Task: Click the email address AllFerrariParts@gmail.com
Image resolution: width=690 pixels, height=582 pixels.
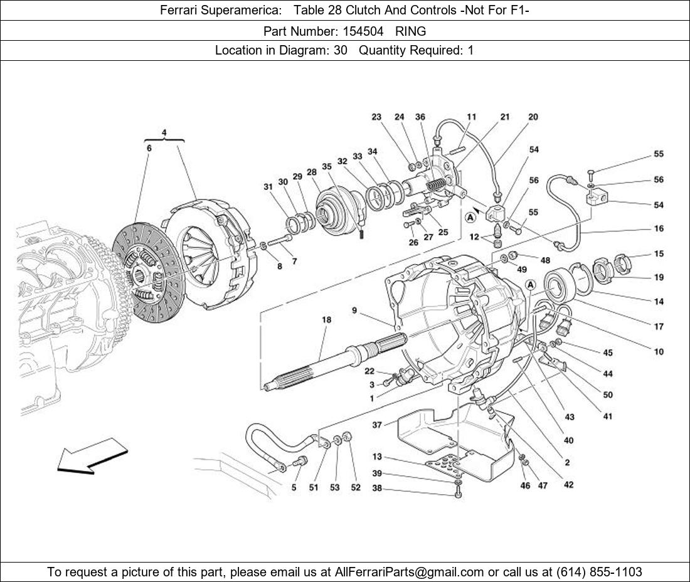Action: click(x=410, y=571)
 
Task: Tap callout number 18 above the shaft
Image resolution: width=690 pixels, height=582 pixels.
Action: click(x=327, y=320)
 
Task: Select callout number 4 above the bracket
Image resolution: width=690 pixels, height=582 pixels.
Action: click(x=164, y=132)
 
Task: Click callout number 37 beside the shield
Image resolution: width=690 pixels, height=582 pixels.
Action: click(x=377, y=425)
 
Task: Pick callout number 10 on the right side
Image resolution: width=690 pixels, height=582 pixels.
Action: click(x=659, y=352)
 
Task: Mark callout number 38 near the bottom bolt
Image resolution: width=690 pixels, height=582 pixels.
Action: click(x=377, y=489)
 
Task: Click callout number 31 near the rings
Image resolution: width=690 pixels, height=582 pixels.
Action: click(x=268, y=186)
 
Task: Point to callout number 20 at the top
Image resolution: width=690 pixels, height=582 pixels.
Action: click(x=533, y=117)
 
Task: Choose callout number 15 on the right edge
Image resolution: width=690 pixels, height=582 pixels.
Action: click(x=659, y=254)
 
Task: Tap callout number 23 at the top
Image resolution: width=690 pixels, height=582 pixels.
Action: click(x=376, y=117)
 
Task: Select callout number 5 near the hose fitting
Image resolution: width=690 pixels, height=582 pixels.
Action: click(x=294, y=487)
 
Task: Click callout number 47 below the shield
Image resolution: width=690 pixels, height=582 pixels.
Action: click(x=543, y=485)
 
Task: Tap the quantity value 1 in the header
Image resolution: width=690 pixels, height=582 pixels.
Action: click(x=470, y=51)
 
